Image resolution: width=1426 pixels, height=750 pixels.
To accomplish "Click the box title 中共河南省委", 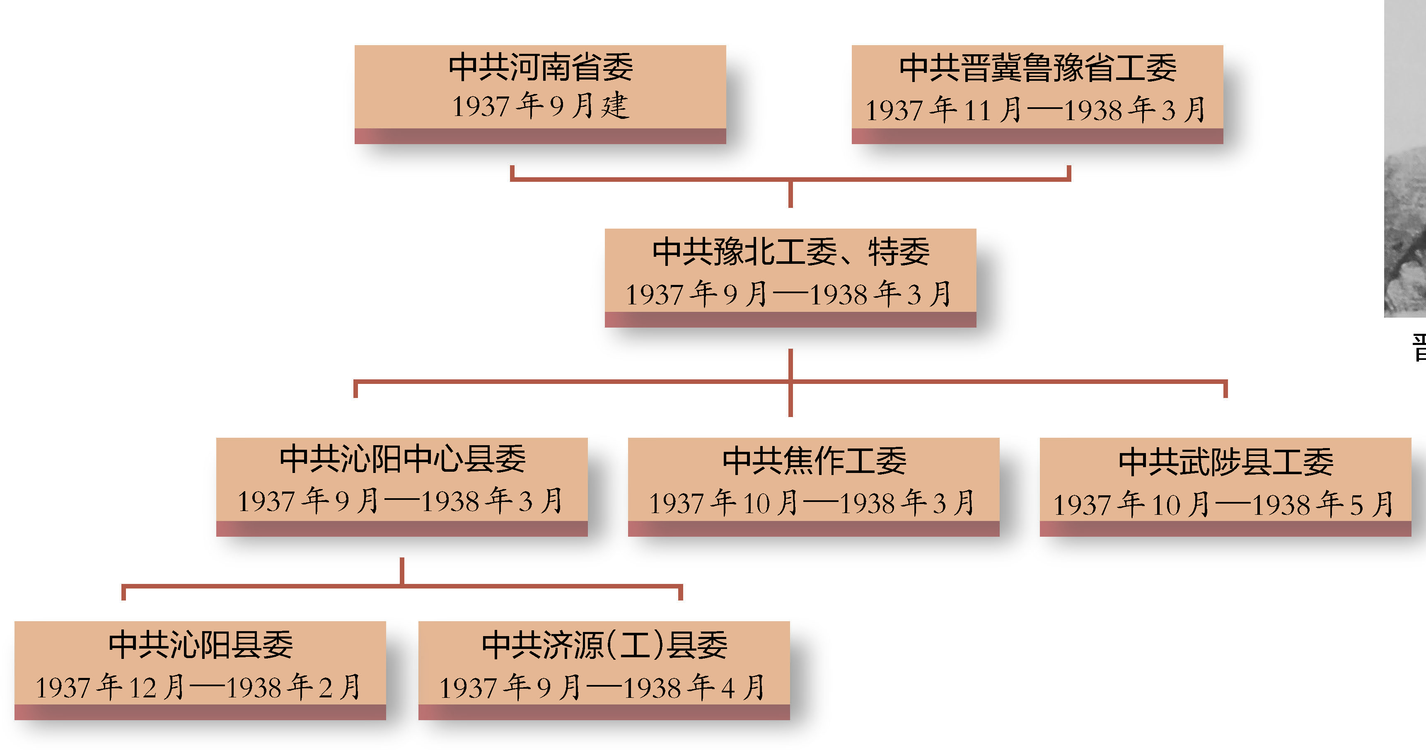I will click(540, 68).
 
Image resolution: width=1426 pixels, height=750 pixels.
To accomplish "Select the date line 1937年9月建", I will click(540, 106).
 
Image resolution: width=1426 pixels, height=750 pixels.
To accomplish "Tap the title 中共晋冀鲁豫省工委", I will click(1037, 69).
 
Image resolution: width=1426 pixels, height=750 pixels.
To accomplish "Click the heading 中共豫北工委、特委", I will click(790, 252).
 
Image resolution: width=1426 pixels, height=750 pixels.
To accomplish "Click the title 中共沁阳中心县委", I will click(402, 459).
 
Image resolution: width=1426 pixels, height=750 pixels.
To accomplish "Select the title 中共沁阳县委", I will click(201, 645).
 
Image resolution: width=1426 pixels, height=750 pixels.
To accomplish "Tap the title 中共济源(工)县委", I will click(604, 645).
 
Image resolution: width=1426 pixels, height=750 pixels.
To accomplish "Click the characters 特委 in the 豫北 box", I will click(899, 252).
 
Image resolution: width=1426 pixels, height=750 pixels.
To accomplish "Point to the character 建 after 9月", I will click(616, 106).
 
